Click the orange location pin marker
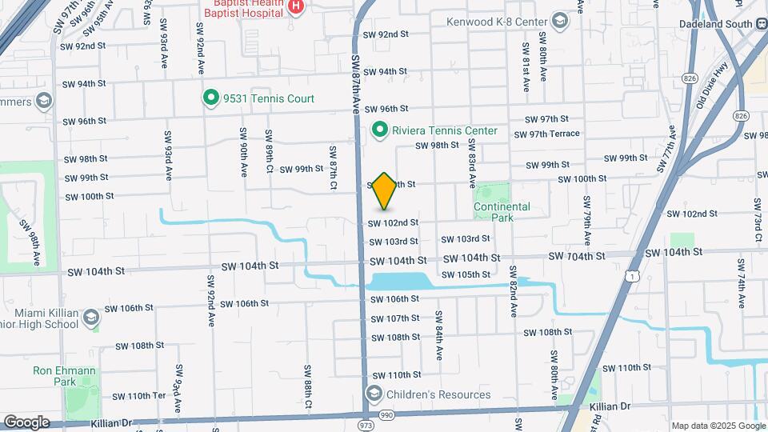tap(385, 190)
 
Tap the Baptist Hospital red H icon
tap(296, 6)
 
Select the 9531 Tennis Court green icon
tap(211, 98)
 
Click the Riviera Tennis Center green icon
tap(381, 130)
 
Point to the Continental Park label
tap(502, 212)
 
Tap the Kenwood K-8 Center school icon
tap(559, 22)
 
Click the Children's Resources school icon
tap(374, 394)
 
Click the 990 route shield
tap(387, 414)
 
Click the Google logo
tap(26, 422)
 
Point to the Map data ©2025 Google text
tap(718, 426)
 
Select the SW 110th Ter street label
tap(138, 396)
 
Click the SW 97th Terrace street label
tap(547, 134)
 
